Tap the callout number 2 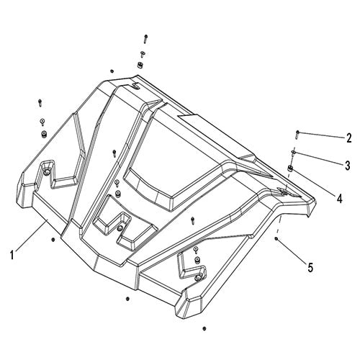point(348,138)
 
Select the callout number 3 point(347,165)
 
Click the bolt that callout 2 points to point(296,133)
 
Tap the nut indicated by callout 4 point(290,168)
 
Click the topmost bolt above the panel point(145,36)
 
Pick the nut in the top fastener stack point(140,66)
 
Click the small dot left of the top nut point(112,71)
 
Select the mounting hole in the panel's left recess point(48,173)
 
